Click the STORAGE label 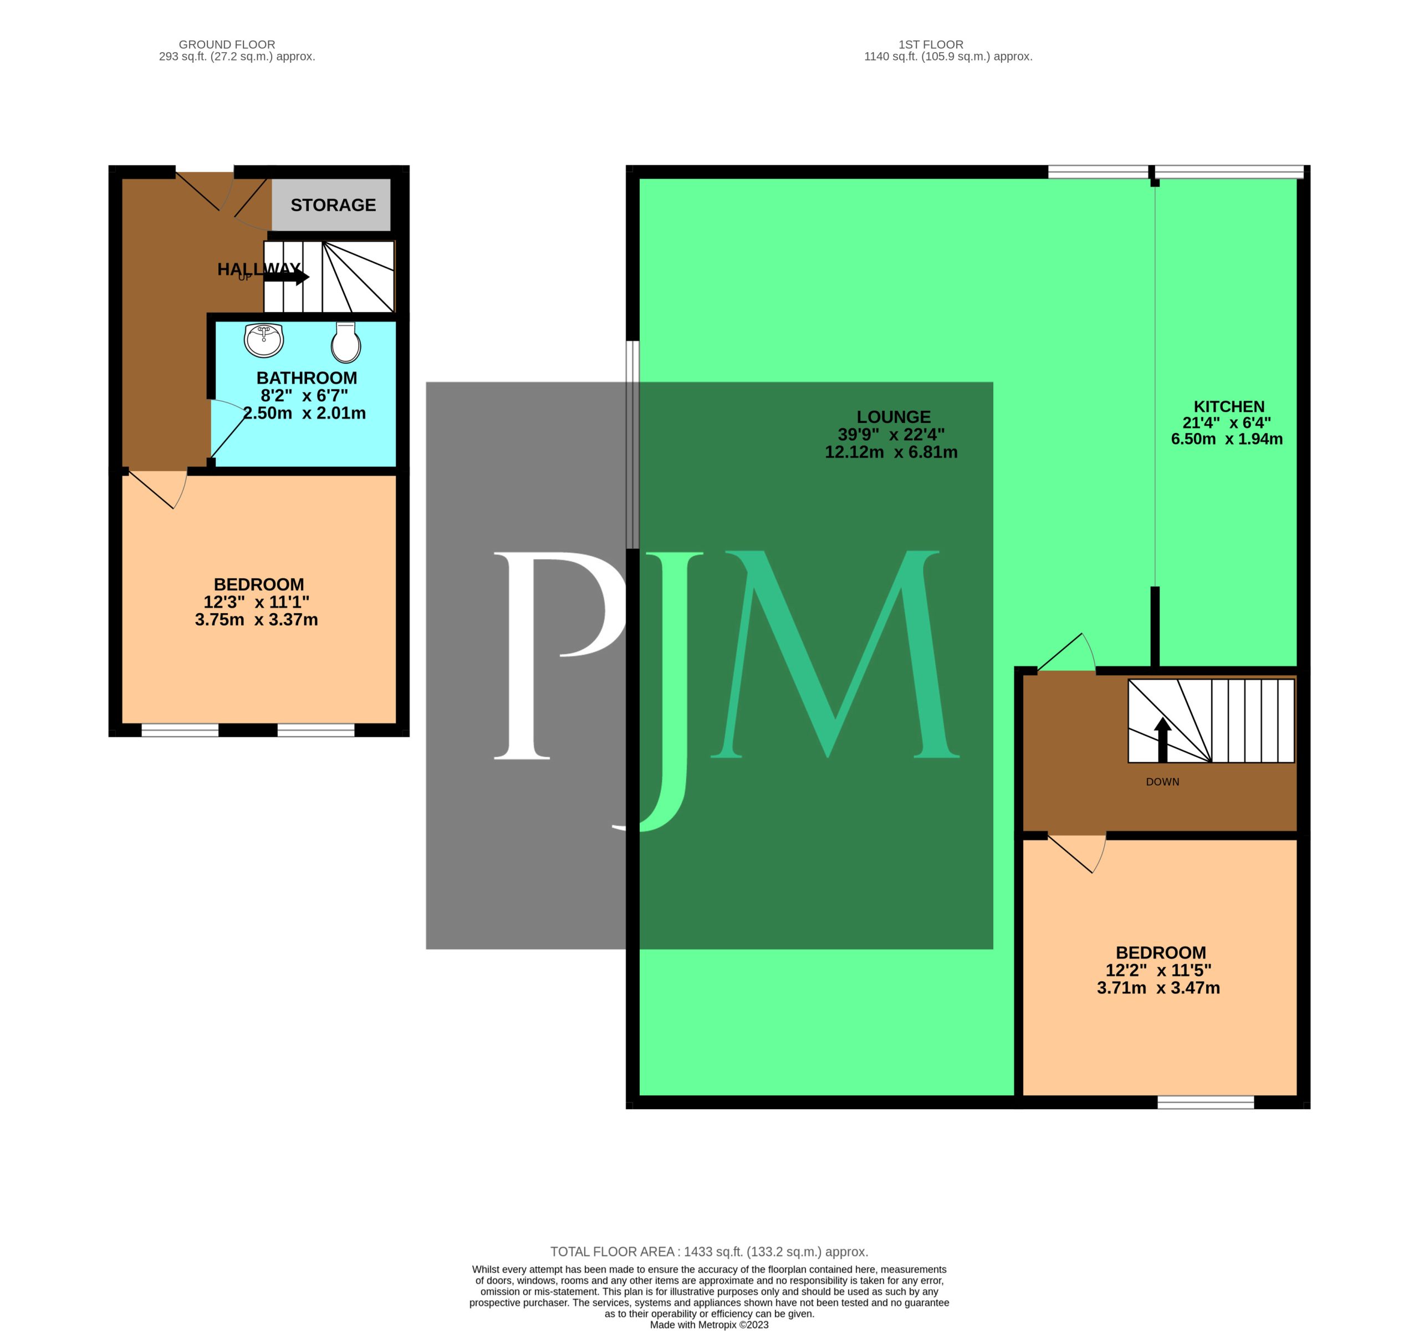point(333,205)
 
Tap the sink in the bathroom point(263,340)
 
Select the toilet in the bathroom point(345,342)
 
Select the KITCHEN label point(1228,407)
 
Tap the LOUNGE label point(893,417)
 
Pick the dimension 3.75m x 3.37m point(256,619)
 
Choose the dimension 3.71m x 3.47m point(1158,988)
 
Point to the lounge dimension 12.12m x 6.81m point(891,452)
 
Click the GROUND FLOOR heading point(226,44)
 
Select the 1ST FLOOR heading point(931,44)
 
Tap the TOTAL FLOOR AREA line point(709,1251)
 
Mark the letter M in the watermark point(835,654)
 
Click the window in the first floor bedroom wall point(1205,1102)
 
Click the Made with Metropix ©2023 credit point(709,1324)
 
